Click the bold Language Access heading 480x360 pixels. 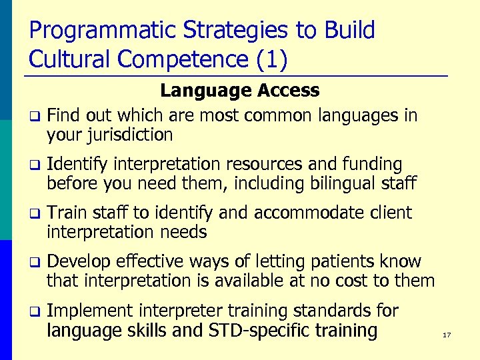pyautogui.click(x=240, y=90)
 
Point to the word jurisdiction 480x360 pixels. pyautogui.click(x=110, y=135)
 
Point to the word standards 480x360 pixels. pyautogui.click(x=346, y=311)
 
